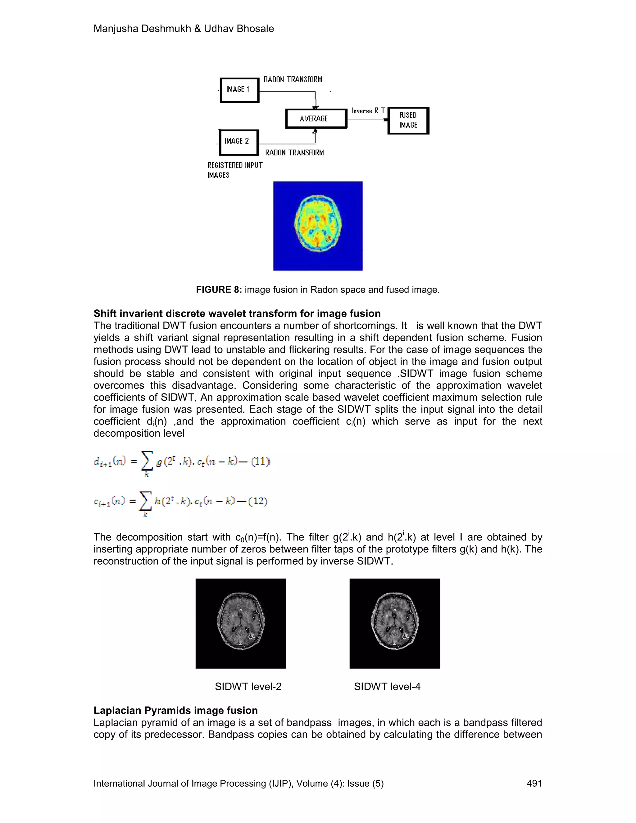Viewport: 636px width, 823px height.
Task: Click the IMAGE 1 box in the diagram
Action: (x=239, y=90)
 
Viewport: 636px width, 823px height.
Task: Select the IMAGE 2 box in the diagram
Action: (x=238, y=142)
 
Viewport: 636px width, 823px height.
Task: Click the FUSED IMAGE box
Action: (x=408, y=120)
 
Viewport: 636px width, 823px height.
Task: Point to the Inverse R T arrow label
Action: (x=368, y=111)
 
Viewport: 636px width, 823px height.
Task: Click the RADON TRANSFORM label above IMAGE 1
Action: (x=293, y=80)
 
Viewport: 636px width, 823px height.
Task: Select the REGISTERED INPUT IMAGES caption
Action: (x=234, y=170)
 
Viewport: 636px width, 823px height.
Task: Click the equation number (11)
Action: (x=260, y=461)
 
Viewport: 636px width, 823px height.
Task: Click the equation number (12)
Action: (x=258, y=501)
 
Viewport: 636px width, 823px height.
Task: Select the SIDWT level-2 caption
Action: (x=248, y=687)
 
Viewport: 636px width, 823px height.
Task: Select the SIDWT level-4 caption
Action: (x=387, y=687)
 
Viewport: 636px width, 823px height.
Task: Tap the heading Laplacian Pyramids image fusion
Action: (x=175, y=710)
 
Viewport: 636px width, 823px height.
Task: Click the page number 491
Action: (x=534, y=784)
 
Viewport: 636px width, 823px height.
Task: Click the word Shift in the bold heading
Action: (x=105, y=314)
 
